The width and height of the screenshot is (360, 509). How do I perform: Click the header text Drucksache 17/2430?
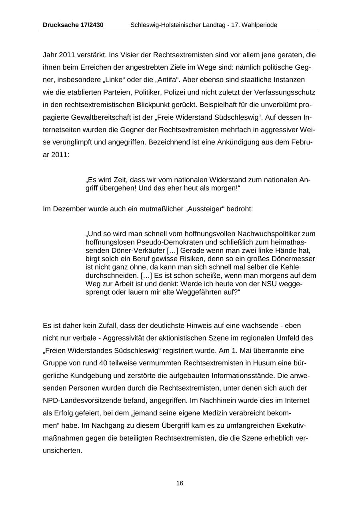pos(73,25)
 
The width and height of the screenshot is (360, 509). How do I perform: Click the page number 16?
pos(180,483)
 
